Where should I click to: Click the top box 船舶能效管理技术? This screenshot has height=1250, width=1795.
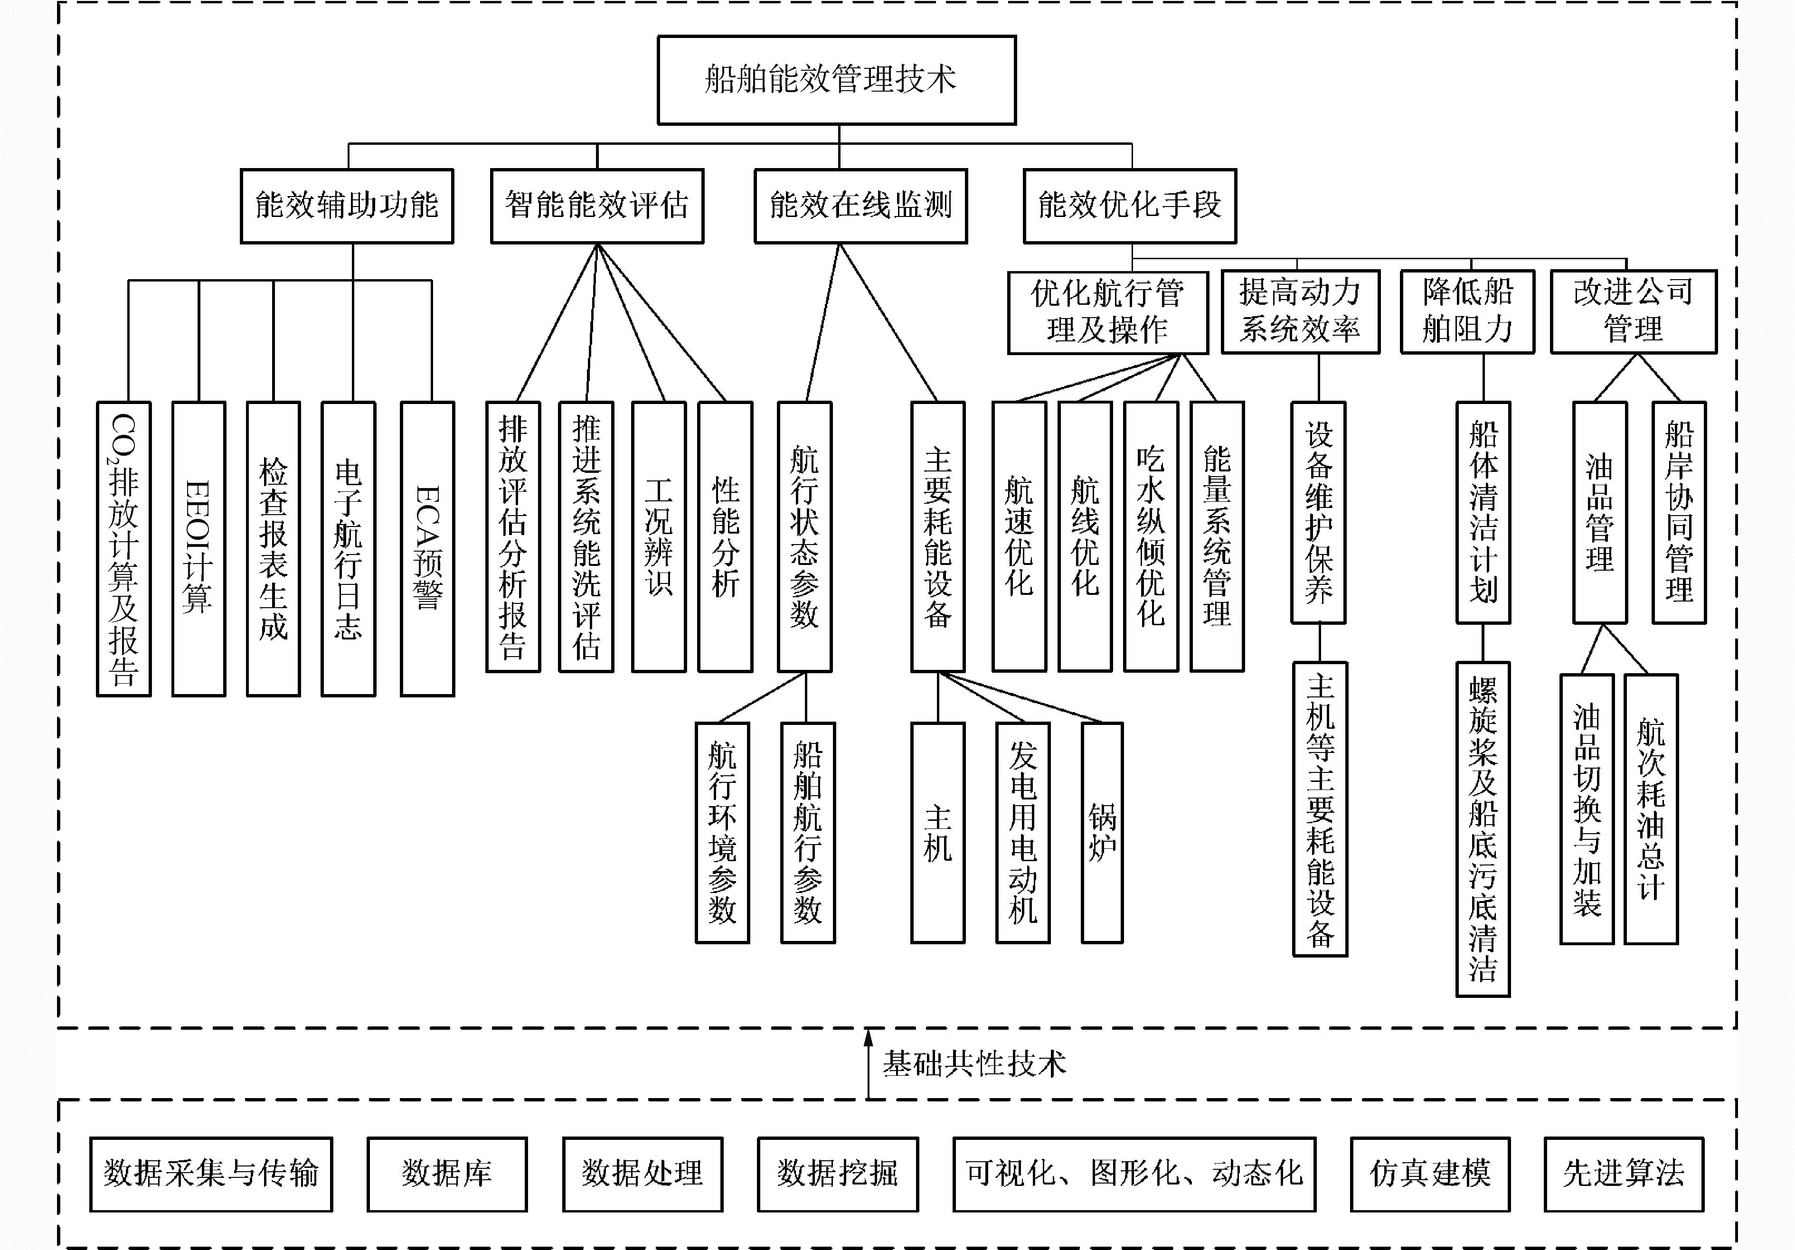837,80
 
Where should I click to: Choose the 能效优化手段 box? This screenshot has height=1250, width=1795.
1130,206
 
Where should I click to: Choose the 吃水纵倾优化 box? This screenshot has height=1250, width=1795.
1151,536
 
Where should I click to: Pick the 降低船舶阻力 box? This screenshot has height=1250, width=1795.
1467,311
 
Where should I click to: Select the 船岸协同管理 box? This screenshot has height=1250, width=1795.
1679,512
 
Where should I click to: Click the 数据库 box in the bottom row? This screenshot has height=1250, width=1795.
447,1174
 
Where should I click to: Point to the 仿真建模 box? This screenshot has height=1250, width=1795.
1430,1174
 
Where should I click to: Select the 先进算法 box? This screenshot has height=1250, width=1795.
1624,1174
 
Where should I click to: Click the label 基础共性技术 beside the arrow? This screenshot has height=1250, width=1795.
974,1064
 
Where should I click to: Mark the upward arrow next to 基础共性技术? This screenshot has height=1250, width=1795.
868,1063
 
